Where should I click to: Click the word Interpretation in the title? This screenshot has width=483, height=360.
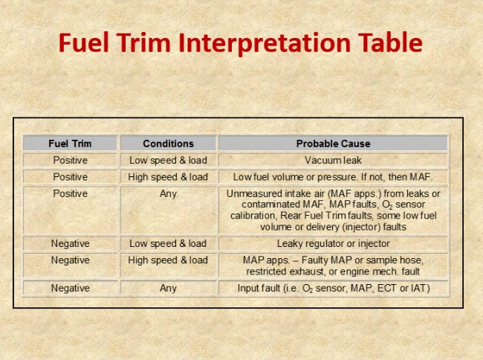pos(265,43)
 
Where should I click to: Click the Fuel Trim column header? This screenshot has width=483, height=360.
pos(70,144)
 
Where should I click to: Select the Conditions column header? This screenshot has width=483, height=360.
pos(168,144)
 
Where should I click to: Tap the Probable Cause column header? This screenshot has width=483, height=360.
pos(334,144)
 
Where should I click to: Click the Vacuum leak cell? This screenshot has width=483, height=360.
pos(333,160)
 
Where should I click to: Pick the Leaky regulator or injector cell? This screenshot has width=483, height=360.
pos(334,244)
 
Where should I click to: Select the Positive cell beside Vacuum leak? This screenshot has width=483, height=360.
pos(71,160)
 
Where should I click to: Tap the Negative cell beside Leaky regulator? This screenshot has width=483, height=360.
pos(71,243)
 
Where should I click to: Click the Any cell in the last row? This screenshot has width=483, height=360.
pos(168,289)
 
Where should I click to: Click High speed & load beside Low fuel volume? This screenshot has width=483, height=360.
pos(168,177)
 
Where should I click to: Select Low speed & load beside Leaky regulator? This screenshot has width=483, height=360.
pos(168,243)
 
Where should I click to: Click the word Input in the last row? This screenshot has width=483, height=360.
pos(247,289)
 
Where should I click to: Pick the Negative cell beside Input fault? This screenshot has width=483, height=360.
pos(71,288)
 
